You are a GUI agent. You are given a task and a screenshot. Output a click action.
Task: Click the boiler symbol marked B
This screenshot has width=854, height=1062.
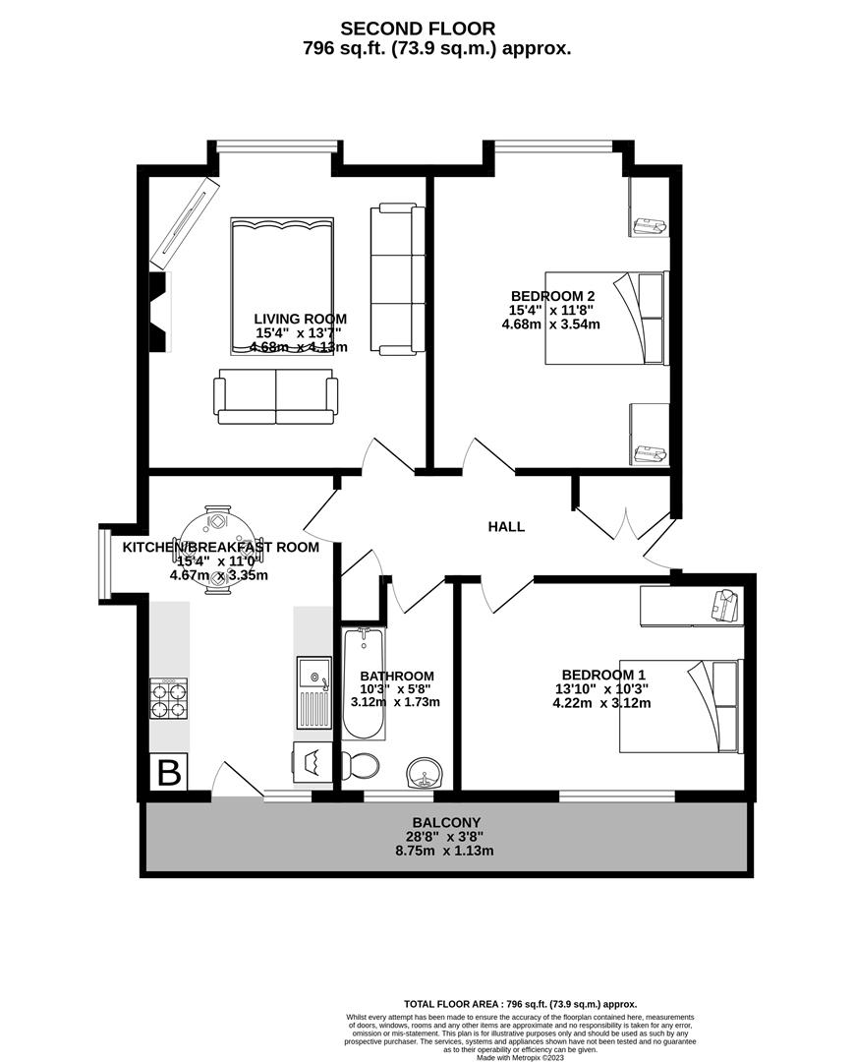pyautogui.click(x=169, y=772)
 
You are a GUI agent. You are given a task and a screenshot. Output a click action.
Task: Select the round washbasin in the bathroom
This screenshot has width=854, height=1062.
pyautogui.click(x=426, y=771)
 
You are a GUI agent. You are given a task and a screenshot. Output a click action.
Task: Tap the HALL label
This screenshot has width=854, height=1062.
pyautogui.click(x=506, y=527)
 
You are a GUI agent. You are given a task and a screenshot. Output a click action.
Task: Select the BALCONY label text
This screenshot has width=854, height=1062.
pyautogui.click(x=446, y=822)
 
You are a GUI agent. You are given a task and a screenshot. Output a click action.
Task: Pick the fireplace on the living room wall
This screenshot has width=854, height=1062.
pyautogui.click(x=160, y=313)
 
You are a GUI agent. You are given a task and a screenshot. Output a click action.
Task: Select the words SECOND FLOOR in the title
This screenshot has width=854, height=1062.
pyautogui.click(x=418, y=29)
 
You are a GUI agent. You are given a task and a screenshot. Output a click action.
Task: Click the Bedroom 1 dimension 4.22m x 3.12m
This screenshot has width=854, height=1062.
pyautogui.click(x=601, y=703)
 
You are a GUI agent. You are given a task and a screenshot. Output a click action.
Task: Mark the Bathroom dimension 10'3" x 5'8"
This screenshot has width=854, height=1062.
pyautogui.click(x=395, y=689)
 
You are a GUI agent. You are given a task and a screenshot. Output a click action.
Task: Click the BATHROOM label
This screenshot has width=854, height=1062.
pyautogui.click(x=397, y=676)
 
